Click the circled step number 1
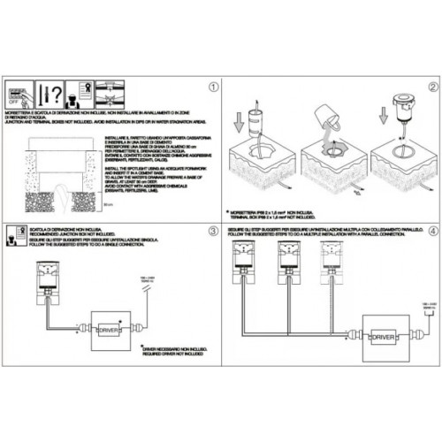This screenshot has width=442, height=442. point(211,88)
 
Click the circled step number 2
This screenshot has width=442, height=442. point(433,88)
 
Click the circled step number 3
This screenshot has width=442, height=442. point(211,232)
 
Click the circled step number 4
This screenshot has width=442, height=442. point(433,232)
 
